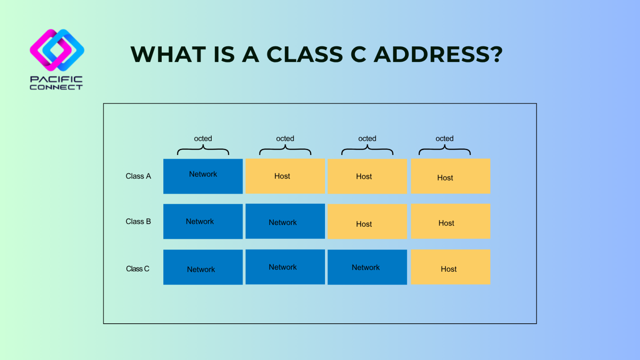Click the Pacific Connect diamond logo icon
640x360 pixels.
pyautogui.click(x=57, y=50)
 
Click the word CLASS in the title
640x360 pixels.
pyautogui.click(x=305, y=55)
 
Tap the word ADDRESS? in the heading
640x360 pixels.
pyautogui.click(x=438, y=55)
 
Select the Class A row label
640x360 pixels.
pyautogui.click(x=138, y=176)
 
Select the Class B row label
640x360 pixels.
pyautogui.click(x=138, y=222)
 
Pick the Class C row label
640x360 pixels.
pyautogui.click(x=137, y=269)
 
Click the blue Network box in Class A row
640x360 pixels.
pyautogui.click(x=203, y=176)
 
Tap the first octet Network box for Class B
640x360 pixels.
pyautogui.click(x=203, y=222)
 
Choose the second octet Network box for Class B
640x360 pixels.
pyautogui.click(x=285, y=222)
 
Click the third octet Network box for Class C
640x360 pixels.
pyautogui.click(x=367, y=267)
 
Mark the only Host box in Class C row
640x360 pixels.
pyautogui.click(x=450, y=267)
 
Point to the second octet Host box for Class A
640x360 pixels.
pyautogui.click(x=285, y=176)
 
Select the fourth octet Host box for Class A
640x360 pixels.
pyautogui.click(x=450, y=176)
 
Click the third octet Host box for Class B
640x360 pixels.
pyautogui.click(x=367, y=222)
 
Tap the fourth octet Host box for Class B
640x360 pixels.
pyautogui.click(x=450, y=222)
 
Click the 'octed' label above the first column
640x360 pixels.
pyautogui.click(x=203, y=138)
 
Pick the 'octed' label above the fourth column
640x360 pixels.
pyautogui.click(x=445, y=138)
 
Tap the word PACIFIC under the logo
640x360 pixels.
pyautogui.click(x=56, y=79)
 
